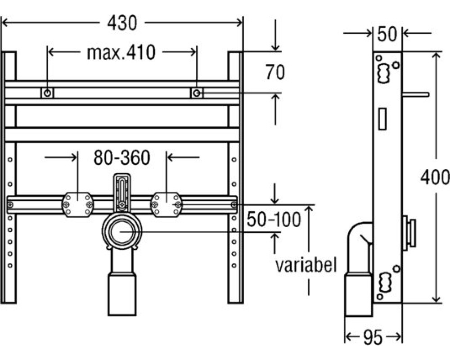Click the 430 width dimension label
(x=122, y=23)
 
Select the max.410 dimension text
(x=121, y=53)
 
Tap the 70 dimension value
(x=275, y=72)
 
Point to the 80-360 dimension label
(x=121, y=157)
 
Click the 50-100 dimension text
(x=274, y=219)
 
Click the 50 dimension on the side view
(x=387, y=34)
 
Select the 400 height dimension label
(x=435, y=177)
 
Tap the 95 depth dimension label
(x=373, y=337)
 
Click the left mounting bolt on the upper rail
(x=47, y=93)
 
